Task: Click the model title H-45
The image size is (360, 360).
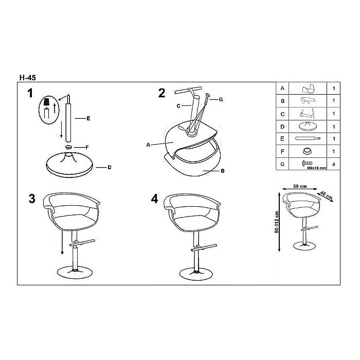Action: coord(28,78)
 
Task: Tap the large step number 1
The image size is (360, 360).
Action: coord(30,93)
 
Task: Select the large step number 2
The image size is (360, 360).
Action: coord(161,93)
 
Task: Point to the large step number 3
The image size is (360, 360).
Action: coord(32,199)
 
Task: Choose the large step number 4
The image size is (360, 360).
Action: coord(154,199)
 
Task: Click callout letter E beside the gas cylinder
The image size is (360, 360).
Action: coord(88,118)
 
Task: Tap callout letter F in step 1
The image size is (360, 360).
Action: coord(87,148)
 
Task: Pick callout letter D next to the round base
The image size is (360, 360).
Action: coord(110,167)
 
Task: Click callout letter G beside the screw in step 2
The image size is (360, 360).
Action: coord(221,99)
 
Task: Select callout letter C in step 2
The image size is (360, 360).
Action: coord(178,106)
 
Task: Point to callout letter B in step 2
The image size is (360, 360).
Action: coord(223,171)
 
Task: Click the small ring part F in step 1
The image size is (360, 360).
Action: coord(68,147)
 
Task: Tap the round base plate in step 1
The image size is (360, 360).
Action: coord(69,165)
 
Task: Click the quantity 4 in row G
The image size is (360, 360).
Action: coord(334,164)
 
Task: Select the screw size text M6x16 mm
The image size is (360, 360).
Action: coord(317,168)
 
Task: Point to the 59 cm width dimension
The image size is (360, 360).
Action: coord(300,186)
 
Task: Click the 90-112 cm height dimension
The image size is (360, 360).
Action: coord(277,222)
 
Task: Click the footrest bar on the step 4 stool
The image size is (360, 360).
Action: coord(204,248)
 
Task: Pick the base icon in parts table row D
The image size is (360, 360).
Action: coord(308,127)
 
